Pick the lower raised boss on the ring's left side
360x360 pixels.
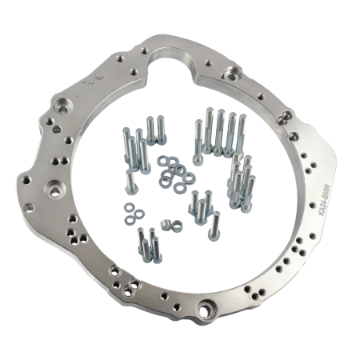pos(57,190)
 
